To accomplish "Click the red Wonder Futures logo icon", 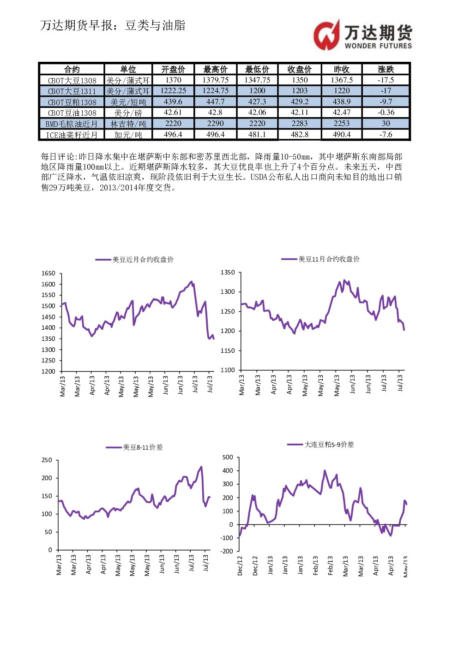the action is pos(327,35).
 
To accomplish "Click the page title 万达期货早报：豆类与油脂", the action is pos(113,25).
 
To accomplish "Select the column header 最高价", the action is pos(216,69).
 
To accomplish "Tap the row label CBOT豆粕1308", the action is pos(72,102).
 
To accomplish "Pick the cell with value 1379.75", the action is pos(216,80).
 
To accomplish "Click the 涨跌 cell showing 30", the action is pos(386,123).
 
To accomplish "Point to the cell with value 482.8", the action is pos(300,134).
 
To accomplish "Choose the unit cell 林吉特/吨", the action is pos(128,124).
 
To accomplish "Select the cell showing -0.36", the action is pos(386,113).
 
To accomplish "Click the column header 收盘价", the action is pos(300,69).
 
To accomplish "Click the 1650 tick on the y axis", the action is pos(48,273).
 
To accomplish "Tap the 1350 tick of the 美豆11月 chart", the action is pos(228,273).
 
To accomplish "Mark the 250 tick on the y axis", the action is pos(47,460).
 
